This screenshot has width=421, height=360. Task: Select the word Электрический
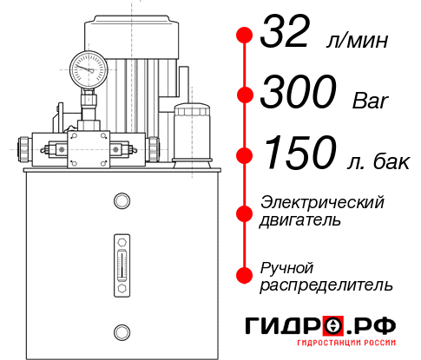[323, 202]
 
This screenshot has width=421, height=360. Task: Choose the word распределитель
[326, 284]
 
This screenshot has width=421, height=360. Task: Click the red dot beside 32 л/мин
[245, 36]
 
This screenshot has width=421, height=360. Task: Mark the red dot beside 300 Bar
[245, 94]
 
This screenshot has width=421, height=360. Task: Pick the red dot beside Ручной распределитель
[245, 274]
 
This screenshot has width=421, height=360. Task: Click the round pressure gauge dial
[88, 68]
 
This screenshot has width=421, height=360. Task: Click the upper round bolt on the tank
[121, 202]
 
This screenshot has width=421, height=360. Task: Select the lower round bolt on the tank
[121, 330]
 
